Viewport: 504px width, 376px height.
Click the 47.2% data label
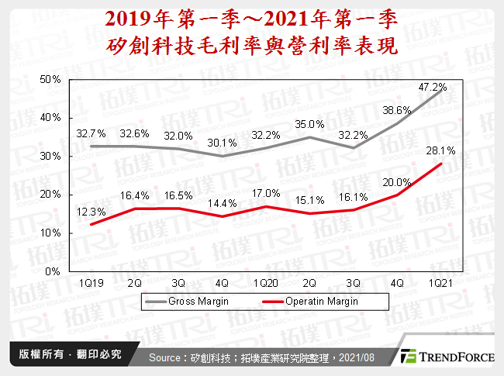tap(433, 87)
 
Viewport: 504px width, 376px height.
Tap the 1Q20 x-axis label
tap(266, 283)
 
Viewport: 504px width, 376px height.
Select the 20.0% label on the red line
tap(395, 182)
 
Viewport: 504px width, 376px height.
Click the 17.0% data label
tap(265, 192)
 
